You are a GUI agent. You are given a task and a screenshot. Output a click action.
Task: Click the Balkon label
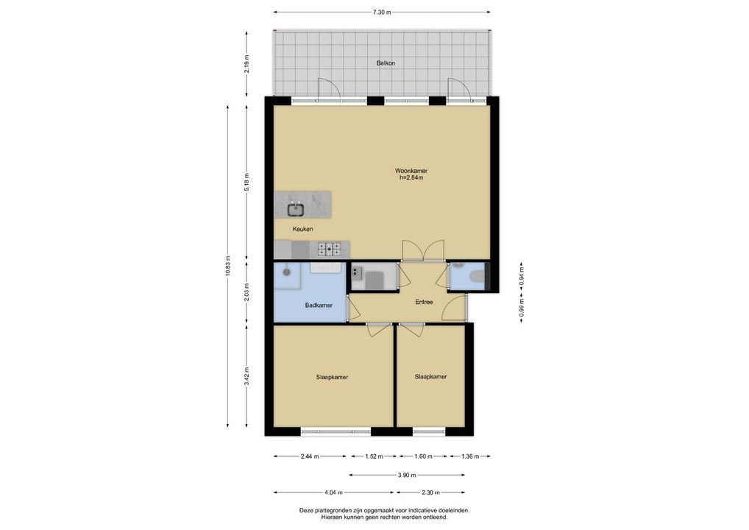(386, 63)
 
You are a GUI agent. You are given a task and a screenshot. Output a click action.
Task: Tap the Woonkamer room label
(411, 171)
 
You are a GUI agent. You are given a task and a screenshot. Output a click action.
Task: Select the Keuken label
(303, 229)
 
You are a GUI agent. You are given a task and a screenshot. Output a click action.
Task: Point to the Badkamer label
(319, 305)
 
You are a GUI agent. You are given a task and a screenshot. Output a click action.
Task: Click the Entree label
(424, 302)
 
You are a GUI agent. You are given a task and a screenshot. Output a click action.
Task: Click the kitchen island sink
(296, 209)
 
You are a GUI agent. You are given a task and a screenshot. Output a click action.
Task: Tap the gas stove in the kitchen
(330, 249)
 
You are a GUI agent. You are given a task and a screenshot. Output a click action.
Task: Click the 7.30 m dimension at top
(382, 13)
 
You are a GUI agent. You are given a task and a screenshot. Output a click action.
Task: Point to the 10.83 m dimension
(228, 266)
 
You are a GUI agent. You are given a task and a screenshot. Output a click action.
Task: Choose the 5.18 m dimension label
(246, 182)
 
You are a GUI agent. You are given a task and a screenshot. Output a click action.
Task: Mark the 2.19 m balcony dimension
(246, 63)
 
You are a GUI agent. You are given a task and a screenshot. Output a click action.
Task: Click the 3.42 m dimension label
(246, 375)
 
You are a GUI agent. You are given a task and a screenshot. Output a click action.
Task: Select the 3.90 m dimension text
(406, 475)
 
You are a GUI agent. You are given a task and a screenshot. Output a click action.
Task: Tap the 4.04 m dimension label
(333, 492)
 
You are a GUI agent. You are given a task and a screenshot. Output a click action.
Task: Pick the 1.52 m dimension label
(374, 456)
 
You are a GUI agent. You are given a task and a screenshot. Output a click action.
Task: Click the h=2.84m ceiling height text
(411, 178)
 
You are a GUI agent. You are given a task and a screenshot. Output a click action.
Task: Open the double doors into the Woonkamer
(423, 251)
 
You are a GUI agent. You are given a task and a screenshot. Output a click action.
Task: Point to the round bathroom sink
(287, 272)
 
